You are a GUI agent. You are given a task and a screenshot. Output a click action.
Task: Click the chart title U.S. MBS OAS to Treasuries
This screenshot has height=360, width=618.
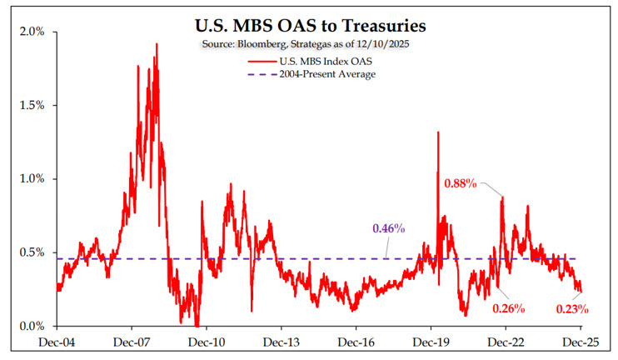309,25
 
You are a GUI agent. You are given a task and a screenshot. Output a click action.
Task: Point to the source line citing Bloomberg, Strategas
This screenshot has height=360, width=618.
309,43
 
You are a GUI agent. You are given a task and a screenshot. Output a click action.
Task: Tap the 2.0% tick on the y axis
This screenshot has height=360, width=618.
32,32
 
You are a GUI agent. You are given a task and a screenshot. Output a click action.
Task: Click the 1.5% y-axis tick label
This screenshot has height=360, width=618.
32,106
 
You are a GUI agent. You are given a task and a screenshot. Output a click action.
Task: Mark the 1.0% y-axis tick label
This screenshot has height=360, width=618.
32,179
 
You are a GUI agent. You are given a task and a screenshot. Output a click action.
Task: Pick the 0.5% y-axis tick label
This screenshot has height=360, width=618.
32,252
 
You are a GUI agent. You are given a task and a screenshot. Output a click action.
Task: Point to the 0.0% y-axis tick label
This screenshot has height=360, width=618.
32,326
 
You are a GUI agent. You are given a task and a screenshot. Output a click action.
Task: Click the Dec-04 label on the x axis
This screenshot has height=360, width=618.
57,342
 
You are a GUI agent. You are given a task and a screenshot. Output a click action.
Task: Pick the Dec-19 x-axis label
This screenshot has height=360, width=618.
430,342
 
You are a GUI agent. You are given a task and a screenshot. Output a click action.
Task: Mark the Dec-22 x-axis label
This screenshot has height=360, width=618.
505,342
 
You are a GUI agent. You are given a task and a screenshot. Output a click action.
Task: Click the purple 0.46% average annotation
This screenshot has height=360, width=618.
388,228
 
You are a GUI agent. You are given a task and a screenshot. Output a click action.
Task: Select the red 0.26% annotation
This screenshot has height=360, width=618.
508,309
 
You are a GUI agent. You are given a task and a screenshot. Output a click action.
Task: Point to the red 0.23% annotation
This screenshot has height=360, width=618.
572,309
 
